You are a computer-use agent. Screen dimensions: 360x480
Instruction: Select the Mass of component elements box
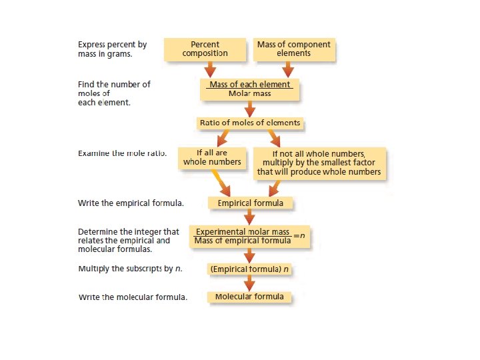tap(293, 49)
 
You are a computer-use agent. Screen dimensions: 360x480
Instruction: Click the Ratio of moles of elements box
tap(250, 123)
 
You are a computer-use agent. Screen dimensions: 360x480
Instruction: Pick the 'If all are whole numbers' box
tap(212, 157)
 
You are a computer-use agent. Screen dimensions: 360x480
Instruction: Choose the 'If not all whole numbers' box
tap(319, 163)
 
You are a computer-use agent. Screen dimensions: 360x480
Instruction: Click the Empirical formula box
tap(250, 203)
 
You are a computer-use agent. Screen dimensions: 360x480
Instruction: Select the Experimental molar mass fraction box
tap(249, 236)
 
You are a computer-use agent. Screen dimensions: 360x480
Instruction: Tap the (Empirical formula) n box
tap(250, 269)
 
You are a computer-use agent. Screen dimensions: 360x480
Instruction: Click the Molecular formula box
tap(249, 297)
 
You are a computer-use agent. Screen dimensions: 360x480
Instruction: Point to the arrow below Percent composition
tap(210, 69)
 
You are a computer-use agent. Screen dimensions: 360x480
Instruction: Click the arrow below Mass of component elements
tap(288, 69)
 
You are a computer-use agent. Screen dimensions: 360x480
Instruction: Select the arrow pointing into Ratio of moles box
tap(249, 109)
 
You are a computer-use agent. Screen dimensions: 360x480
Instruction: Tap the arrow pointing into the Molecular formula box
tap(249, 283)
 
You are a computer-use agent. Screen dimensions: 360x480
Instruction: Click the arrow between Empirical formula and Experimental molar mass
tap(249, 217)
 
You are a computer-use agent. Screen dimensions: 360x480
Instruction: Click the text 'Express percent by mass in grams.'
tap(112, 49)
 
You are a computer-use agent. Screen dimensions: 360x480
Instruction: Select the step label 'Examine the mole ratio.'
tap(122, 153)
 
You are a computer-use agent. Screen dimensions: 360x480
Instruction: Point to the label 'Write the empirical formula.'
tap(131, 203)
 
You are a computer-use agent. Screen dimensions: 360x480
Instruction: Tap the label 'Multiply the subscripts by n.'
tap(130, 269)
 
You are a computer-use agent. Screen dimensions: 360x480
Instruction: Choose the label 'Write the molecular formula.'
tap(133, 297)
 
